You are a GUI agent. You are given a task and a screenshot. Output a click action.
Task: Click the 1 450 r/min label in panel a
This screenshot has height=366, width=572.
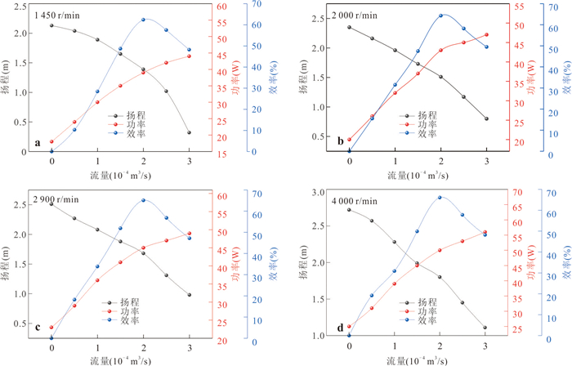(x=57, y=16)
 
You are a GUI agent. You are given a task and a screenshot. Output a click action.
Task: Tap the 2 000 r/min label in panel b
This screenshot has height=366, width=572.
(x=355, y=16)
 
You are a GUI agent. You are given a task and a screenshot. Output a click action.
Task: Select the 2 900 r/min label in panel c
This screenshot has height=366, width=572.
(x=56, y=199)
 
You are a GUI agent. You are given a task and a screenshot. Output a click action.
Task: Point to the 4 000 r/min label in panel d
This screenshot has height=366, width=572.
(x=355, y=201)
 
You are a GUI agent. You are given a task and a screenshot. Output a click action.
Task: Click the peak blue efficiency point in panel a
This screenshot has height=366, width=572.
(x=143, y=20)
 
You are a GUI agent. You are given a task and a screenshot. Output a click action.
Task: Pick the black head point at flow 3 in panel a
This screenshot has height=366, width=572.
(x=189, y=132)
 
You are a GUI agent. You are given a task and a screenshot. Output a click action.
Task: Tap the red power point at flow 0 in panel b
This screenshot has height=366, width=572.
(x=349, y=140)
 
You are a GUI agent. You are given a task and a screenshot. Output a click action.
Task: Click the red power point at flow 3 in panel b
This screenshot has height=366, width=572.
(x=487, y=34)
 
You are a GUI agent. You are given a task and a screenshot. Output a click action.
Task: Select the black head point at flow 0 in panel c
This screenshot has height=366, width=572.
(x=51, y=203)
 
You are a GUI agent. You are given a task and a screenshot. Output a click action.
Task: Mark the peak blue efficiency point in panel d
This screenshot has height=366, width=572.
(x=440, y=197)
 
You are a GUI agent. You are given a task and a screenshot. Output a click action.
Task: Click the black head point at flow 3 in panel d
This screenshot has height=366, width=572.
(x=485, y=328)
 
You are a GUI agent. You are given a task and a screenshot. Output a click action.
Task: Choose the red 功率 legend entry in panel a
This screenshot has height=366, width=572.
(x=127, y=125)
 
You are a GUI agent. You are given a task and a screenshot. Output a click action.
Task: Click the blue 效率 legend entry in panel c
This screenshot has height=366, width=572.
(x=120, y=320)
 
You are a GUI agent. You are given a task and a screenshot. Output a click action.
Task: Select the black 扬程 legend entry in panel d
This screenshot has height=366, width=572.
(x=418, y=302)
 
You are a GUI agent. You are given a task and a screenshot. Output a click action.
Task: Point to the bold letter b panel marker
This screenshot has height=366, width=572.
(x=341, y=141)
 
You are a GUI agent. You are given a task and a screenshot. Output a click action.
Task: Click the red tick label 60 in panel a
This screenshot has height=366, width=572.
(x=222, y=7)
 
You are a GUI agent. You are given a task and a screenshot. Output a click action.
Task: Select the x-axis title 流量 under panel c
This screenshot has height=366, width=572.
(x=100, y=361)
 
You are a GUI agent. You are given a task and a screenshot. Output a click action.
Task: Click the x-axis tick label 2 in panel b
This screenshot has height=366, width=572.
(x=441, y=161)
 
